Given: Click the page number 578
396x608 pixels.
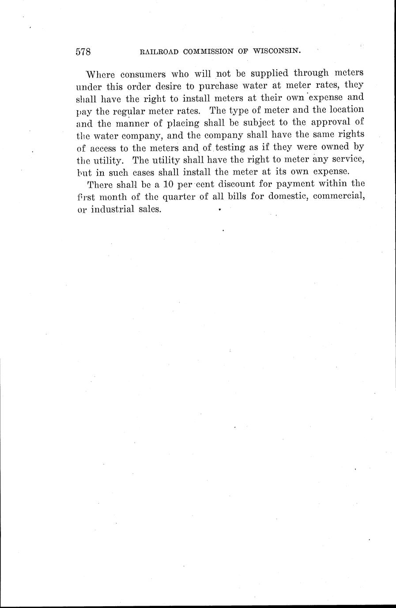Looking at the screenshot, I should pos(83,52).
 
